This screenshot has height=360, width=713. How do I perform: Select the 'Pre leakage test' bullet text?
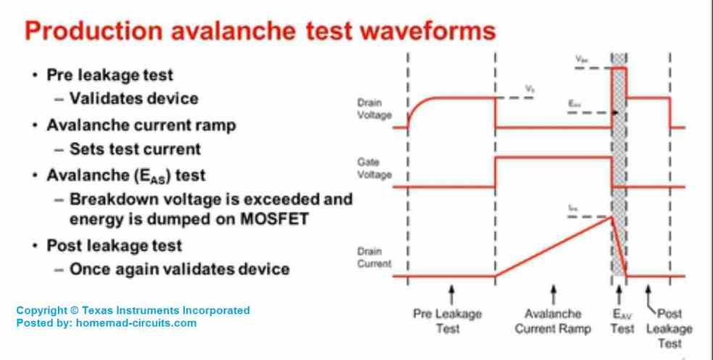click(x=109, y=75)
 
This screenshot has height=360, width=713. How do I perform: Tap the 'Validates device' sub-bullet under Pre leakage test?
click(x=133, y=98)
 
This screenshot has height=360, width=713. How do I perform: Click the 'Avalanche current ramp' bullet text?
click(x=141, y=125)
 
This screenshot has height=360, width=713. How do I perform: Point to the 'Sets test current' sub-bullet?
click(x=135, y=149)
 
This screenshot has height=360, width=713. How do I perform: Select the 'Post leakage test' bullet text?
click(x=114, y=245)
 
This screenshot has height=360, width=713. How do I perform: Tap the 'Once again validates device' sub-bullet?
click(x=179, y=269)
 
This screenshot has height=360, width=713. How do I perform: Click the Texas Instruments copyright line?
click(x=133, y=310)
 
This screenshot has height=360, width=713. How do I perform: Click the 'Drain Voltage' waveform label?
click(x=374, y=109)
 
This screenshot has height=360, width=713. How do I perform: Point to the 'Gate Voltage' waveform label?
click(x=374, y=169)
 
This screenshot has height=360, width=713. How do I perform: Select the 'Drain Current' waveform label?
click(x=374, y=258)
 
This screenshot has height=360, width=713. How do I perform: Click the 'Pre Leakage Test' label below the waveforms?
click(x=447, y=321)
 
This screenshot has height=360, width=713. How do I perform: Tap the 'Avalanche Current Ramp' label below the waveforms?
click(x=553, y=321)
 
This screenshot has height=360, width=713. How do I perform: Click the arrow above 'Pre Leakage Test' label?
click(x=451, y=294)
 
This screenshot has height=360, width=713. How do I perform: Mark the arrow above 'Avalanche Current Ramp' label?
click(x=554, y=294)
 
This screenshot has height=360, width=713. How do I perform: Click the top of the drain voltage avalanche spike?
click(x=619, y=68)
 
